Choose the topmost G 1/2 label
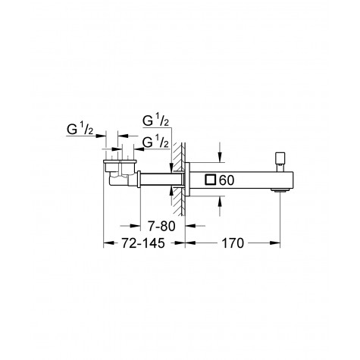click(155, 121)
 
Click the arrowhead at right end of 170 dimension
click(278, 243)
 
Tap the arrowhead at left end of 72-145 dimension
click(107, 243)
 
